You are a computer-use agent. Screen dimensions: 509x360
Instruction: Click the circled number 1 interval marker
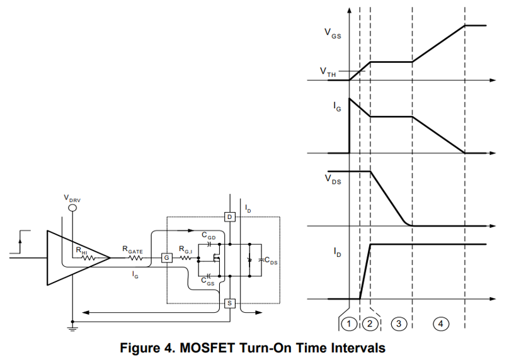[349, 323]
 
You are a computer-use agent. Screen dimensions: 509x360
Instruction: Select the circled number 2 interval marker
[370, 323]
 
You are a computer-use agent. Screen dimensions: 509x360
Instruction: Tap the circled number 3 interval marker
[399, 323]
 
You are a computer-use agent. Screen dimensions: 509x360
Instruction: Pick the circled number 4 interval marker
[440, 323]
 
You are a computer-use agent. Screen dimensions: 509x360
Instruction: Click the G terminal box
[167, 258]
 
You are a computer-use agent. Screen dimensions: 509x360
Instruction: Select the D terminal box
[229, 217]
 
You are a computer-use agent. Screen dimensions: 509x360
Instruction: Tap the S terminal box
[229, 303]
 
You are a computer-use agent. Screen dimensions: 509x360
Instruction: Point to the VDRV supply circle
[72, 208]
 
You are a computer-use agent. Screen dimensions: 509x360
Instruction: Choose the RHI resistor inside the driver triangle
[88, 258]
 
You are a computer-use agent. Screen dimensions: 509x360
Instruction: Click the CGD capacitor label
[209, 235]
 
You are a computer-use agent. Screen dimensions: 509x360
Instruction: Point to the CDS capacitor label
[271, 261]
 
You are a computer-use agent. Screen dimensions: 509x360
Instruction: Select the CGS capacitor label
[208, 281]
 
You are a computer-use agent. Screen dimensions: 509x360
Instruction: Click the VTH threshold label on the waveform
[328, 72]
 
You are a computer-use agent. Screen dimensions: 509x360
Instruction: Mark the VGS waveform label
[333, 33]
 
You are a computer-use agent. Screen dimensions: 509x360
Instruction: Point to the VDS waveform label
[333, 179]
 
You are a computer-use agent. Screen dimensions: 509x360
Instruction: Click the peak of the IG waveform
[349, 98]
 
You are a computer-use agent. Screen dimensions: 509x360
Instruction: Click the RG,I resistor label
[186, 250]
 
